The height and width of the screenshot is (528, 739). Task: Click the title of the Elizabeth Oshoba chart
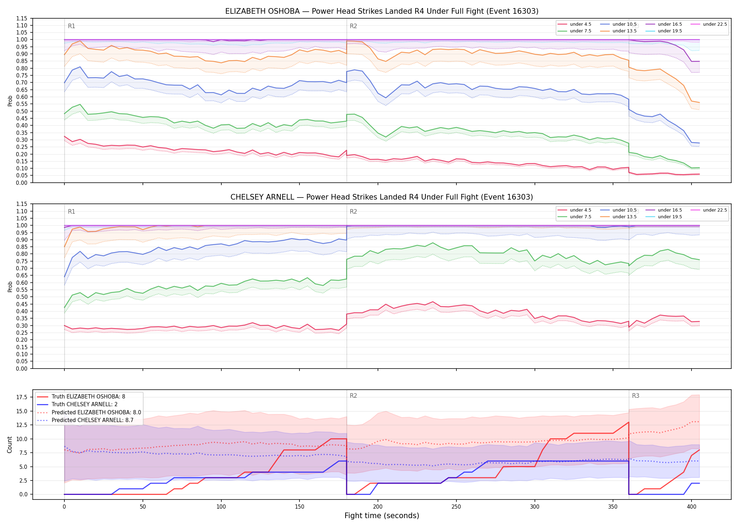pos(382,11)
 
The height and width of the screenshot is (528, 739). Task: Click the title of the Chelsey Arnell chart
pos(382,197)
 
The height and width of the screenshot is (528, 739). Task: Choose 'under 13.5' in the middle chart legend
pos(625,217)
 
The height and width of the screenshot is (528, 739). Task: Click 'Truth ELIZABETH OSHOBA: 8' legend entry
pos(88,397)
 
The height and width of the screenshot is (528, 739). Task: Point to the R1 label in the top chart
pos(71,26)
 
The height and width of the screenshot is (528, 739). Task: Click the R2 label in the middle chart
pos(353,212)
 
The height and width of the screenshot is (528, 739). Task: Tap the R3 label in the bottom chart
pos(636,396)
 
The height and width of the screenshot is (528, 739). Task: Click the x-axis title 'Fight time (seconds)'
pos(382,516)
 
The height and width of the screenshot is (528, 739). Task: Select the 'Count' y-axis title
pos(10,445)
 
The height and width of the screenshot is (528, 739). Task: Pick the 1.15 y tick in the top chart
pos(22,19)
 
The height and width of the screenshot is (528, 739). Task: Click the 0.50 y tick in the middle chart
pos(22,297)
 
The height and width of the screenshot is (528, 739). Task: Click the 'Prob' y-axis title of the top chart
pos(10,101)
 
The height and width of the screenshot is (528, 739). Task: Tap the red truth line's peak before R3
pos(629,422)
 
